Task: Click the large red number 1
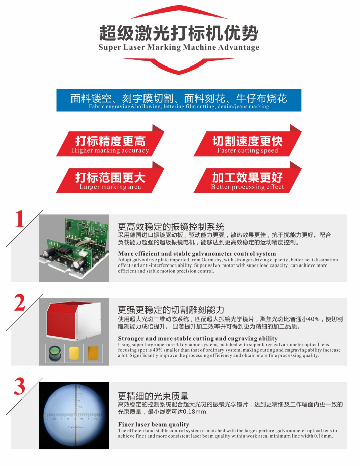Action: pos(20,219)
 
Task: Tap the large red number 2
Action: pos(20,303)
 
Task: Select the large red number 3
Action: pos(20,386)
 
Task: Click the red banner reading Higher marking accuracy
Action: pos(110,141)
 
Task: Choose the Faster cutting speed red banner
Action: pos(247,141)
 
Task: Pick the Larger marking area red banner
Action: pos(110,177)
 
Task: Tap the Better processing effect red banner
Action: pos(247,177)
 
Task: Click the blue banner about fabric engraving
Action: pos(179,100)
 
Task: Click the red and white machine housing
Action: pos(74,321)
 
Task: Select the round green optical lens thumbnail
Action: pos(55,353)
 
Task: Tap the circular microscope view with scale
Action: pos(74,415)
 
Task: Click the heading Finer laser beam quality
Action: pos(154,424)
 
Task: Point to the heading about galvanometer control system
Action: pos(197,254)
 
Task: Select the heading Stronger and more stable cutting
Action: pos(198,338)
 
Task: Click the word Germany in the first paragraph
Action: pos(212,260)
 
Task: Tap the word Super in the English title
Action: pos(110,47)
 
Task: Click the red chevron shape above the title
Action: pos(179,11)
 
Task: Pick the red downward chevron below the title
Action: pos(179,66)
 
